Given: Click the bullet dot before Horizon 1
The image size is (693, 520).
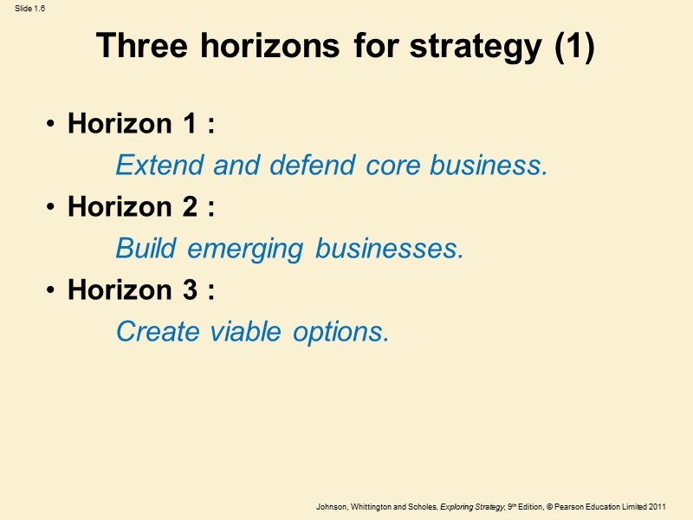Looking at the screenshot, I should click(x=53, y=126).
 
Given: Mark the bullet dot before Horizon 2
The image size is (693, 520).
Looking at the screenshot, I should click(x=53, y=209).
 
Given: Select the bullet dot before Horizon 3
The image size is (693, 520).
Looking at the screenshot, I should click(x=53, y=291).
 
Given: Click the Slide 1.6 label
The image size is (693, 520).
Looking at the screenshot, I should click(x=29, y=8).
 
